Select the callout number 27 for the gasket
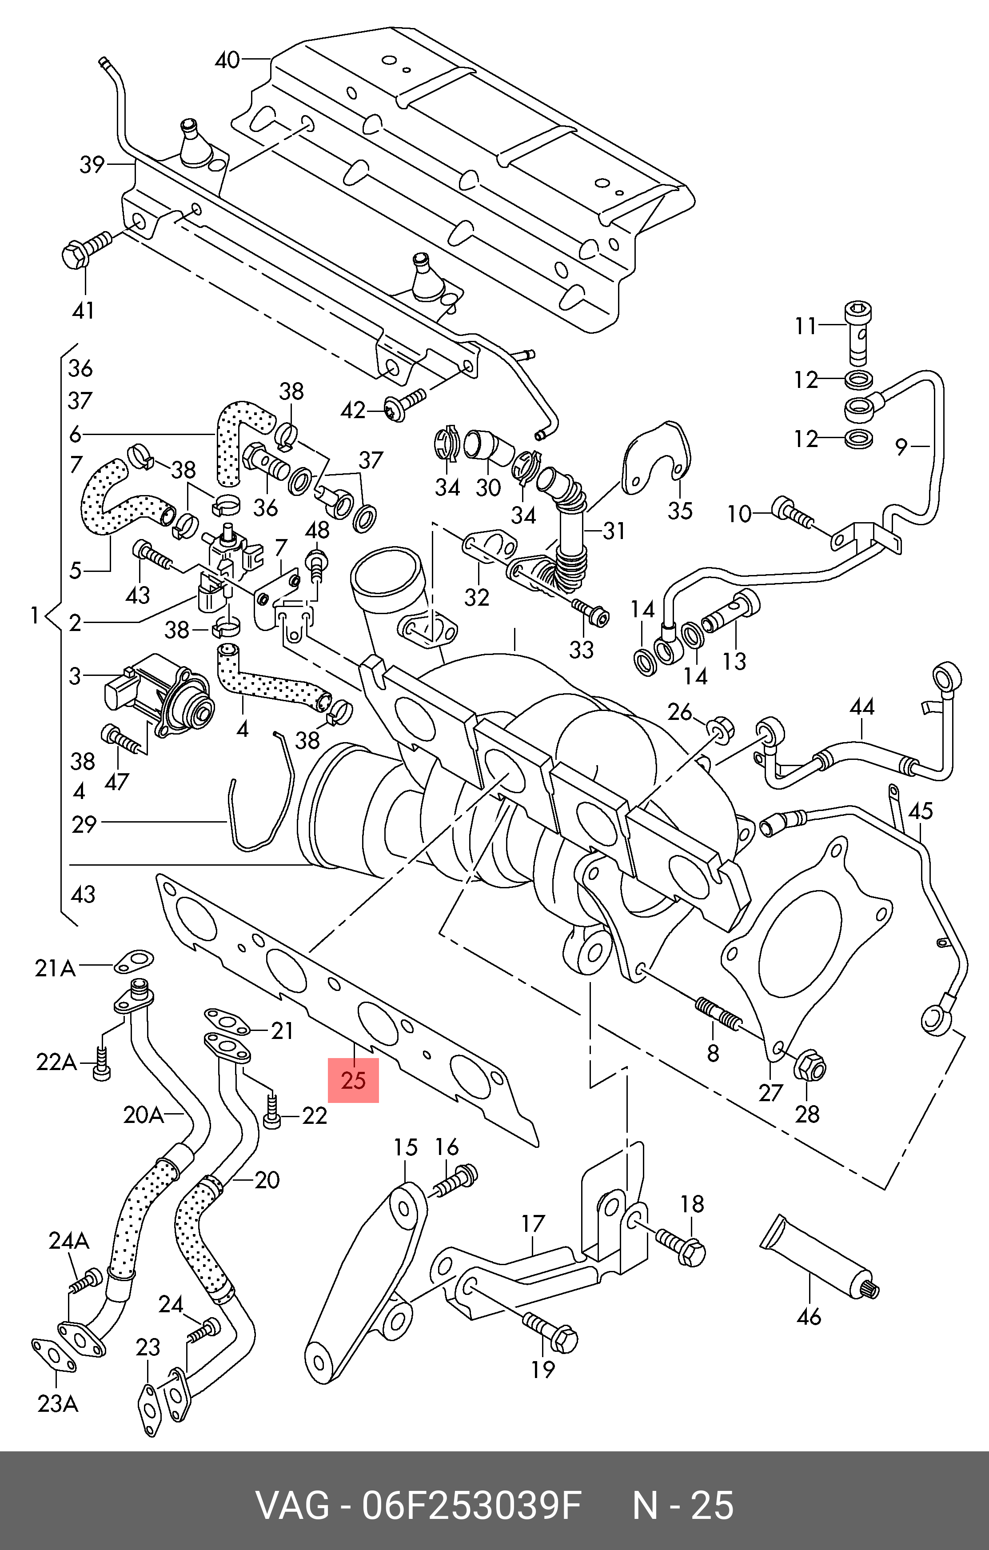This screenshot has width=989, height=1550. (770, 1092)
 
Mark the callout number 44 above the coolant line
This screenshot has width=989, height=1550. (861, 707)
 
